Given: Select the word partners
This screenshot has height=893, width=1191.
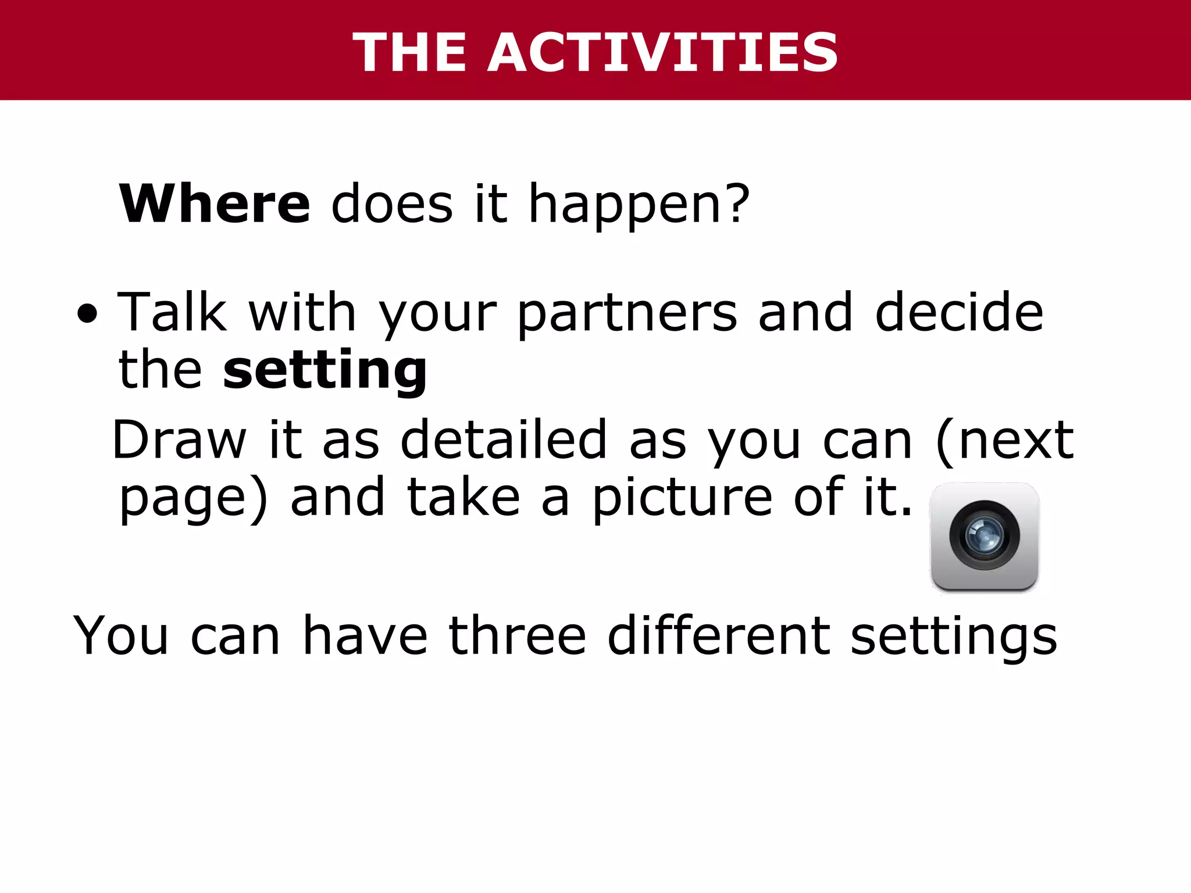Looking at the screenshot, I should [627, 315].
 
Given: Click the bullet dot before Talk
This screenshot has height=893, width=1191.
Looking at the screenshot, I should [87, 315].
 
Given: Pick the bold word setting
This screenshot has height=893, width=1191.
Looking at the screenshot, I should [325, 371].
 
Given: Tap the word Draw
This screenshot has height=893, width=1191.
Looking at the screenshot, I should [180, 440].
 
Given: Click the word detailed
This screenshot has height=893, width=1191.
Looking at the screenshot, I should [504, 440].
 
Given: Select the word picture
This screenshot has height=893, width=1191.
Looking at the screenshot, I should [683, 498].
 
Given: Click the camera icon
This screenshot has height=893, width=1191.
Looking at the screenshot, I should [985, 537].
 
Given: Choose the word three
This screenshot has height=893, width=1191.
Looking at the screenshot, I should [517, 636].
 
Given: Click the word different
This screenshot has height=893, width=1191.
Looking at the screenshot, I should [719, 636].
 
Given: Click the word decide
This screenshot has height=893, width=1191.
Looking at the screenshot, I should [959, 313].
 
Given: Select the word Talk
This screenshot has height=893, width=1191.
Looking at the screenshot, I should [172, 313].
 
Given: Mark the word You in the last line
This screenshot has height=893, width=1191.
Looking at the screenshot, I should [121, 636].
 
